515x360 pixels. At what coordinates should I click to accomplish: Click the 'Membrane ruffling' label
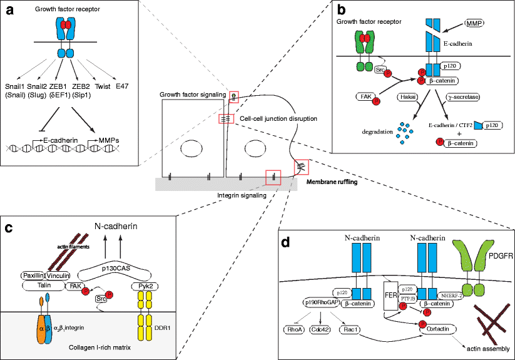pyautogui.click(x=336, y=182)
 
